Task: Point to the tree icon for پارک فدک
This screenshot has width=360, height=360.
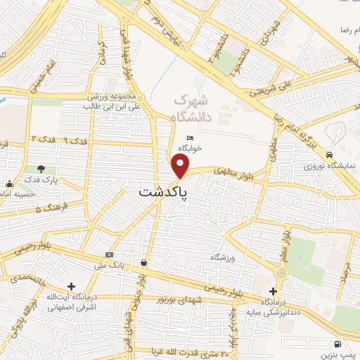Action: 41,169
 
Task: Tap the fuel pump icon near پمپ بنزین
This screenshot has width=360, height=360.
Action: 339,345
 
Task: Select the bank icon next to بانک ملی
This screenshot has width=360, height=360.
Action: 109,254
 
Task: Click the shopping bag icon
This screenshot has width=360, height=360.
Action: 143,262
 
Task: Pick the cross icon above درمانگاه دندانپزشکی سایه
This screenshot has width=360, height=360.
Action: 274,291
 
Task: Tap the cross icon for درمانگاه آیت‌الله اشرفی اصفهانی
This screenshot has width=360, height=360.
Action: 71,287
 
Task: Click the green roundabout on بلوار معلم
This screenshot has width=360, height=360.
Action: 282,273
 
